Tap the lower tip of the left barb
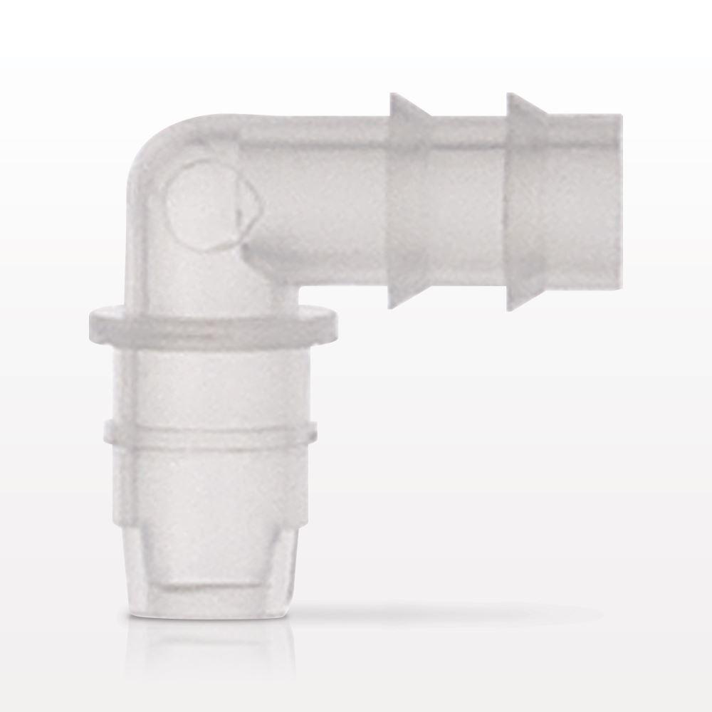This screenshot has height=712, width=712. pyautogui.click(x=391, y=307)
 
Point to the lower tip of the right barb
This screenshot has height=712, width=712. pyautogui.click(x=510, y=309)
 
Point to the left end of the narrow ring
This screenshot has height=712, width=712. pyautogui.click(x=106, y=431)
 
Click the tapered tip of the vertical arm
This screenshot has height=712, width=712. pyautogui.click(x=210, y=541)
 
